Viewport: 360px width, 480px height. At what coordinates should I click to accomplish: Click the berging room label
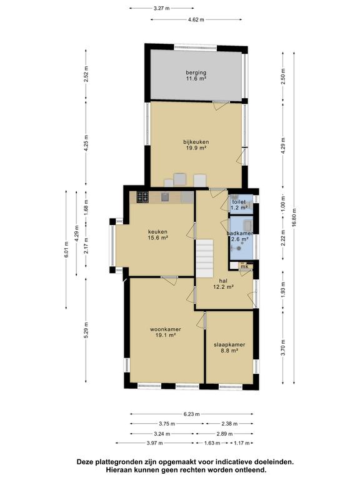click(x=196, y=76)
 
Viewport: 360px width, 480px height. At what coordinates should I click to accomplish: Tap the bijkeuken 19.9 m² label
click(x=196, y=145)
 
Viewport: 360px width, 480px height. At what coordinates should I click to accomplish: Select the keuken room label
click(x=157, y=234)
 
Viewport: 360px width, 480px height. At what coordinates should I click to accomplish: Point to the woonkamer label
click(x=165, y=332)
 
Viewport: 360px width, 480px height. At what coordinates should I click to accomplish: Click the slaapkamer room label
click(x=229, y=347)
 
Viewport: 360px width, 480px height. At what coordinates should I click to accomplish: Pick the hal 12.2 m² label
click(x=224, y=284)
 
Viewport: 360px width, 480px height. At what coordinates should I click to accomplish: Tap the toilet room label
click(x=239, y=205)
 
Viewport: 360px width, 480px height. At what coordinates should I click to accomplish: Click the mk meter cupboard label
click(x=244, y=267)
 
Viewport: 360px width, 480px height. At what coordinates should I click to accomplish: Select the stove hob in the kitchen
click(x=142, y=197)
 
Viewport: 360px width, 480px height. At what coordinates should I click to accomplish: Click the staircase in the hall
click(x=204, y=258)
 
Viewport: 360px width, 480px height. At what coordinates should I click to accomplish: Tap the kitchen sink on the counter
click(x=165, y=197)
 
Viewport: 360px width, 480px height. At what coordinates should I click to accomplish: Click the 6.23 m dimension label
click(x=192, y=414)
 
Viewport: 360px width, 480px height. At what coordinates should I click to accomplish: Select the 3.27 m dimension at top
click(x=161, y=8)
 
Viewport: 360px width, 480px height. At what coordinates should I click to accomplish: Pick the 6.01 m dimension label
click(x=66, y=250)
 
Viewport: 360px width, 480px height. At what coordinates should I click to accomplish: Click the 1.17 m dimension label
click(x=242, y=443)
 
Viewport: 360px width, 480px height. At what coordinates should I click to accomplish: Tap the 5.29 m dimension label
click(x=86, y=330)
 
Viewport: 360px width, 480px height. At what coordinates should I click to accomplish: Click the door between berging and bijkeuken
click(x=221, y=104)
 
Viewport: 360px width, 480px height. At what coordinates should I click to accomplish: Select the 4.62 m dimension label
click(x=196, y=20)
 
